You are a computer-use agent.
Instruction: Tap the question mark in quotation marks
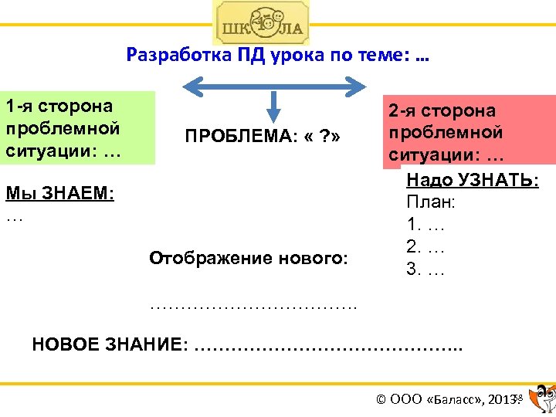(x=326, y=137)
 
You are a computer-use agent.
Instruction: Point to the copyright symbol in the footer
(x=381, y=399)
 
